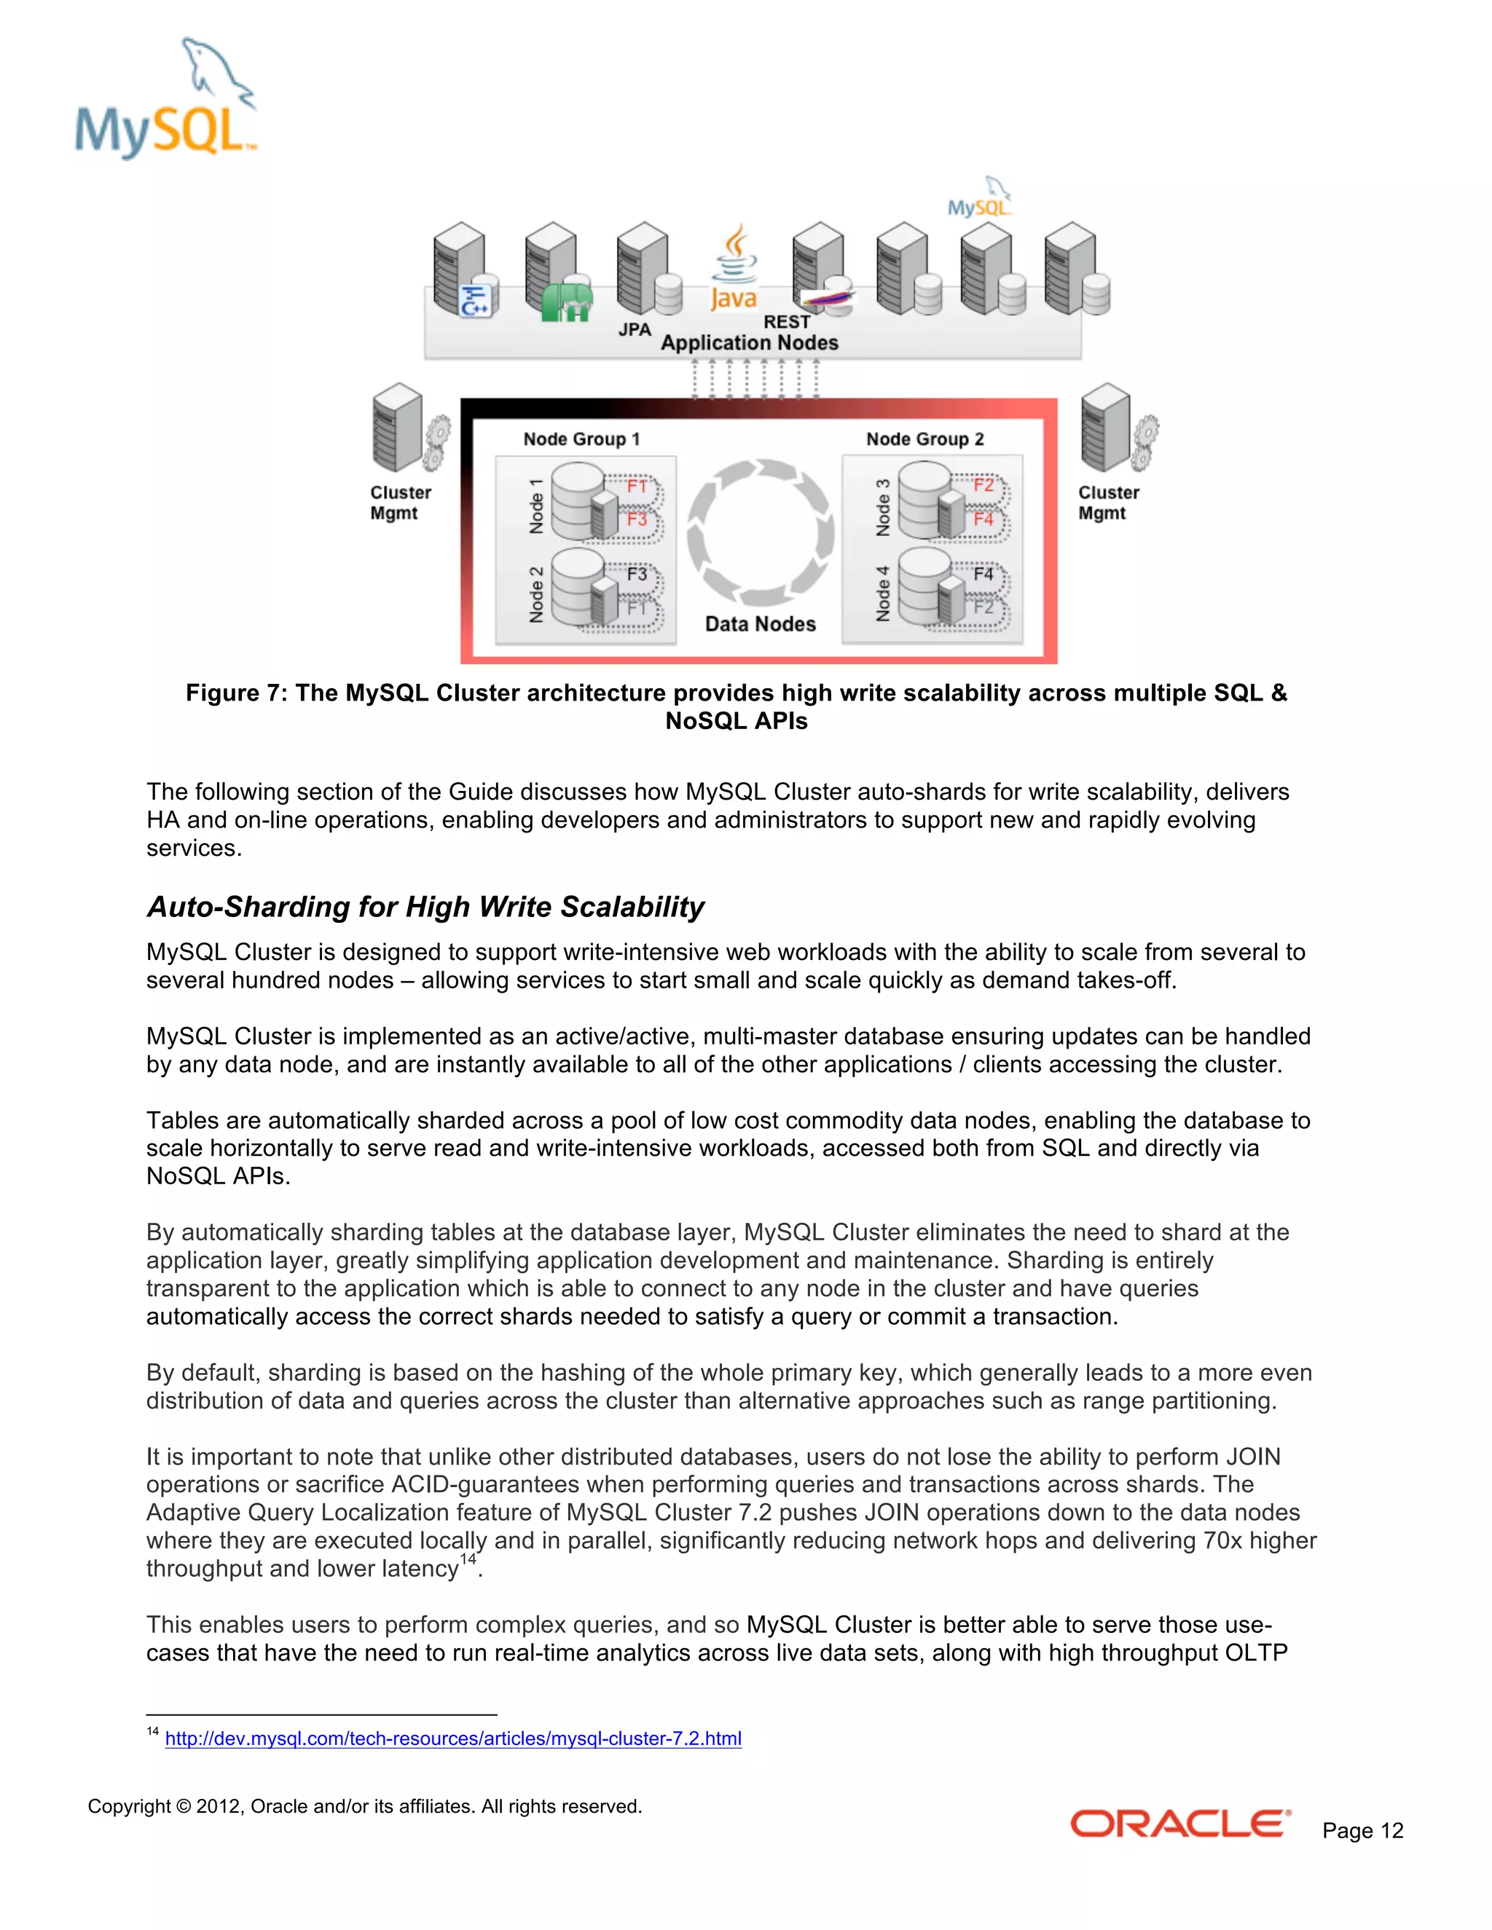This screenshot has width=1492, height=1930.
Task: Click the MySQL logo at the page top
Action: (165, 102)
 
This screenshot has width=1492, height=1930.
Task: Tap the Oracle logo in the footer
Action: (1180, 1824)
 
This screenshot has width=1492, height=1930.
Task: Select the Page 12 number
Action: (1362, 1830)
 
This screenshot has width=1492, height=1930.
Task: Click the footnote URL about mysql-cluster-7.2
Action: (452, 1738)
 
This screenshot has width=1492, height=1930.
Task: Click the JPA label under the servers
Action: (634, 330)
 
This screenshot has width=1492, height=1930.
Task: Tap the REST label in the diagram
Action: (786, 323)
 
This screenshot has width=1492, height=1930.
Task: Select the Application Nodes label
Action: (750, 343)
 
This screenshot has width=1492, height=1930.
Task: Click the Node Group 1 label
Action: (581, 439)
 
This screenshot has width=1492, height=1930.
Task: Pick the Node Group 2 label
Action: (924, 439)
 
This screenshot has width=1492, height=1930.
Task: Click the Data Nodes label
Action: (760, 624)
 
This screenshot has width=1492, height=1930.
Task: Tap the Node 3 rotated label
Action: (882, 507)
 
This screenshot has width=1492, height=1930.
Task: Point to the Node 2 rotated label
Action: (535, 595)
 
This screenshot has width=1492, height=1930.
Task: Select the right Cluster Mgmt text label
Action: (1107, 503)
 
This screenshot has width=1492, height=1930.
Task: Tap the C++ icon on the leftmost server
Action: (475, 302)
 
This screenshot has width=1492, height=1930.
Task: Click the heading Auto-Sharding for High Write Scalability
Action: (425, 907)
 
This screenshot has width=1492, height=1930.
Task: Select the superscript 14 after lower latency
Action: (468, 1558)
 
